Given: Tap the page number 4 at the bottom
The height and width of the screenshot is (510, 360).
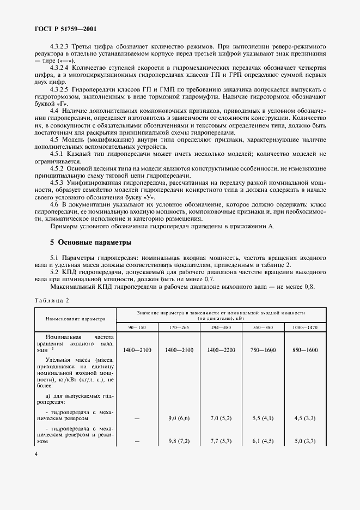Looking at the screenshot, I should [x=35, y=468].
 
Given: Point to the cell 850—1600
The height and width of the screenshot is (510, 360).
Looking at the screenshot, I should [x=305, y=350].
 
